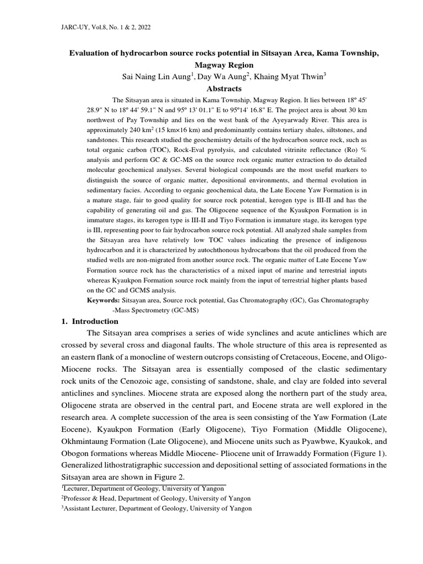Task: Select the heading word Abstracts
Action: (224, 88)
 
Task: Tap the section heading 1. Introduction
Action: (91, 321)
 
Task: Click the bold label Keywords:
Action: (104, 301)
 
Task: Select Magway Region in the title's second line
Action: (224, 65)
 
